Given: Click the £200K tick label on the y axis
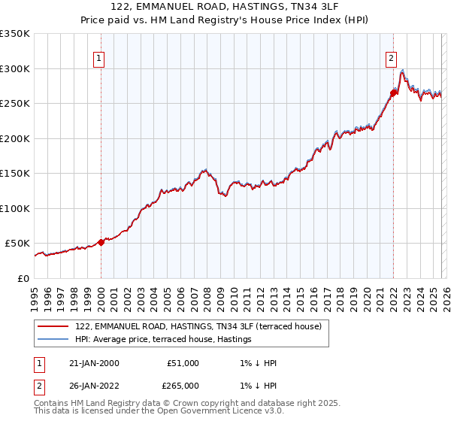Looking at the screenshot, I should point(15,138).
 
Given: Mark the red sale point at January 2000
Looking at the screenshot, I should point(101,242).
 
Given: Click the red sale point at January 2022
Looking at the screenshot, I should point(393,93).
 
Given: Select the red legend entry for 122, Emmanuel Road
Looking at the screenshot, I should point(198,326).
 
